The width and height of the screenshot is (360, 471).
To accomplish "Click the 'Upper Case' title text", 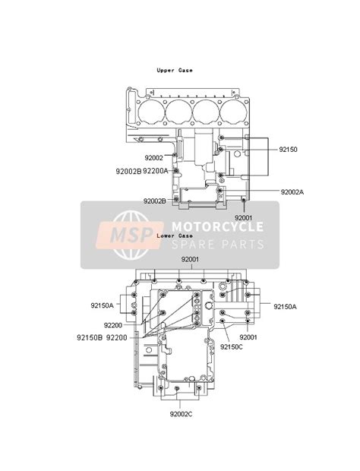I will pyautogui.click(x=175, y=70).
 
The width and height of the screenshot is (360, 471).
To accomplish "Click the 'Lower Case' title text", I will pyautogui.click(x=174, y=235).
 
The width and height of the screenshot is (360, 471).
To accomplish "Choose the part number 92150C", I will pyautogui.click(x=232, y=346).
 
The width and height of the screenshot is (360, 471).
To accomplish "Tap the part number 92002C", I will pyautogui.click(x=182, y=413).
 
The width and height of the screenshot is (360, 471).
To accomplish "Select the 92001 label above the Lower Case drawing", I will pyautogui.click(x=190, y=260).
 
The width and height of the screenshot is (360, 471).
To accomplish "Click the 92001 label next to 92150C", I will pyautogui.click(x=250, y=337).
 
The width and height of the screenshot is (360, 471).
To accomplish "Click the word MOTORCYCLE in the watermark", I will pyautogui.click(x=218, y=226).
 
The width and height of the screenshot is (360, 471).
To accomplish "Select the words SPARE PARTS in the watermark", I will pyautogui.click(x=218, y=244).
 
